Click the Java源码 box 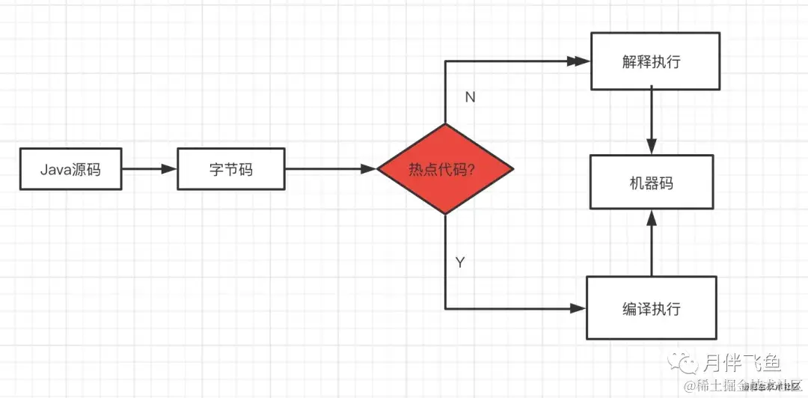coord(70,169)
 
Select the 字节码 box coord(231,169)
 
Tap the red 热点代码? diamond coord(445,169)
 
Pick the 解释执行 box coord(655,61)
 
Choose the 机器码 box coord(652,182)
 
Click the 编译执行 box coord(651,307)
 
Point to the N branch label coord(470,97)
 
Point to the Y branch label coord(461,263)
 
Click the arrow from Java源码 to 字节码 coord(149,169)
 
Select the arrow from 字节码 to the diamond coord(330,169)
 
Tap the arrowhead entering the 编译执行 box coord(579,307)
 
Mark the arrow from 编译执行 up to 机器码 coord(652,242)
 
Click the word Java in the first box coord(55,169)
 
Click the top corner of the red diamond coord(445,124)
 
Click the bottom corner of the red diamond coord(445,214)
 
